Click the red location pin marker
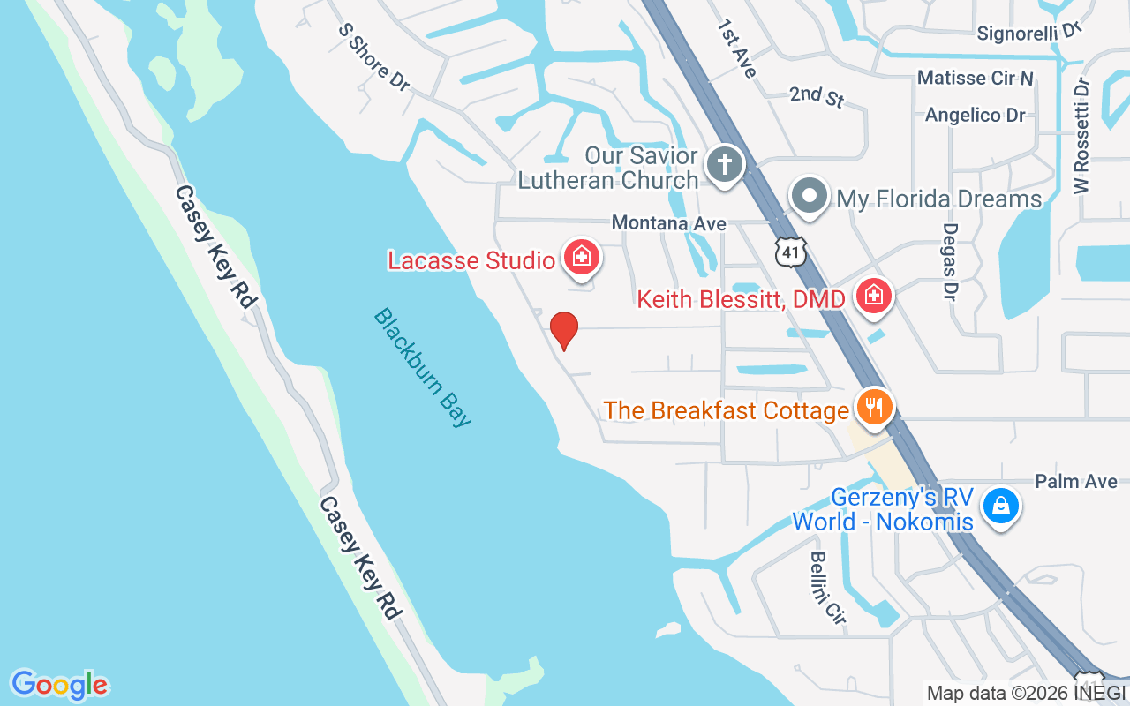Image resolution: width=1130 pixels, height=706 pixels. coord(564,330)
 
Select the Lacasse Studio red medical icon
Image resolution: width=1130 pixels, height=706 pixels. coord(582,258)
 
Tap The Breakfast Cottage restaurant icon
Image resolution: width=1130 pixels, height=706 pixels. coord(874,408)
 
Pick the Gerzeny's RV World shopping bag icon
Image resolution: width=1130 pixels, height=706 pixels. coord(1001,507)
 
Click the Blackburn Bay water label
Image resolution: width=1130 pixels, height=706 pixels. coord(423,367)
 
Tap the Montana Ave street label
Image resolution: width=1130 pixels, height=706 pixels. coord(669,223)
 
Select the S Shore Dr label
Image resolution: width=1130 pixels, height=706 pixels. coord(374,56)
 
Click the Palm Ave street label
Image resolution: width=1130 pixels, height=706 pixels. coord(1076,481)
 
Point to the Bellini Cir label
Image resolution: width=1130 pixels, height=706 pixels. coord(828,588)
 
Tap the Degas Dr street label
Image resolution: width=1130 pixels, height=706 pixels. coord(950,261)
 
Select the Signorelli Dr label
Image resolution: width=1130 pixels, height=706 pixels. coord(1029,33)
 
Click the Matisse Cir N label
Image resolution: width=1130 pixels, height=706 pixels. coord(975,78)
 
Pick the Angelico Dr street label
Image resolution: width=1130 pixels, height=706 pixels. coord(975,115)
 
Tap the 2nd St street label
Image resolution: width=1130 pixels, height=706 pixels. coord(817,95)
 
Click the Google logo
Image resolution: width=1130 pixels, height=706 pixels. coord(60,685)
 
